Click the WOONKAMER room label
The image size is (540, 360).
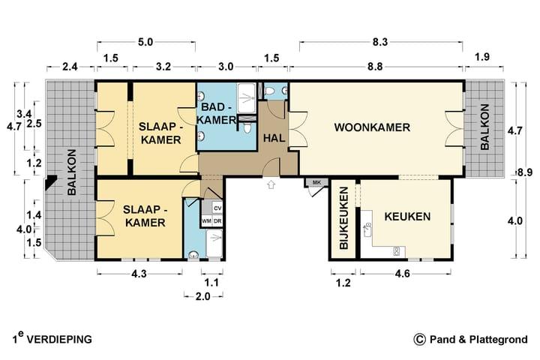(372, 127)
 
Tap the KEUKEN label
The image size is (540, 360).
(407, 217)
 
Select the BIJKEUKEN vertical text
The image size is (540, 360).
(344, 218)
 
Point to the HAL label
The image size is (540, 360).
(274, 138)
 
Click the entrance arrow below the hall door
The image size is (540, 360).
(271, 184)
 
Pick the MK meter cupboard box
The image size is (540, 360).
(316, 182)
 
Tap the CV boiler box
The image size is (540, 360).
(217, 208)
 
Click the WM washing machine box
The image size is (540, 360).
(207, 221)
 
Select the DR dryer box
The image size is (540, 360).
(217, 221)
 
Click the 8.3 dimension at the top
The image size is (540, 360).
(380, 42)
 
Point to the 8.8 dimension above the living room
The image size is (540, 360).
(375, 67)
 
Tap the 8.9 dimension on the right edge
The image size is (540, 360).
(525, 173)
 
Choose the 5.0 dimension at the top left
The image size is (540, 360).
(145, 42)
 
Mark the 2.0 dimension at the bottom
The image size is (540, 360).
(202, 296)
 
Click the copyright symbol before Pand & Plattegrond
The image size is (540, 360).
(419, 339)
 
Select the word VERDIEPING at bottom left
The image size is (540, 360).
(59, 340)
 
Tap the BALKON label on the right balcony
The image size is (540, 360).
(484, 127)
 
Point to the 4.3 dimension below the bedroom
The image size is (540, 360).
(139, 274)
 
